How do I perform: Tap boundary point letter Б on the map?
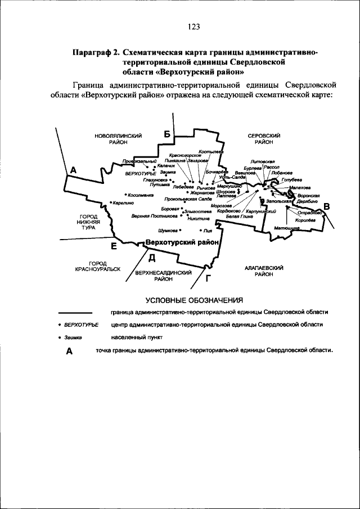166,133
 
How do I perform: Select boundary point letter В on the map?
326,206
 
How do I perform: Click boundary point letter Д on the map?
151,258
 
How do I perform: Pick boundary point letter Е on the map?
114,246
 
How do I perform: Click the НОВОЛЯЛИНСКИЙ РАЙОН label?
118,139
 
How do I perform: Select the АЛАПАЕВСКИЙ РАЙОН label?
263,271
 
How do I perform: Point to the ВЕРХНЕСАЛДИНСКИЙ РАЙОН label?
163,275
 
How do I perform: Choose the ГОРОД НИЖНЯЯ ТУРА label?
88,222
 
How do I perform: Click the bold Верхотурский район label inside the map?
181,242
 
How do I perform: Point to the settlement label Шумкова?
168,230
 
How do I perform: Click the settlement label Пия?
208,230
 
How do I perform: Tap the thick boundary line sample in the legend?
75,312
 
